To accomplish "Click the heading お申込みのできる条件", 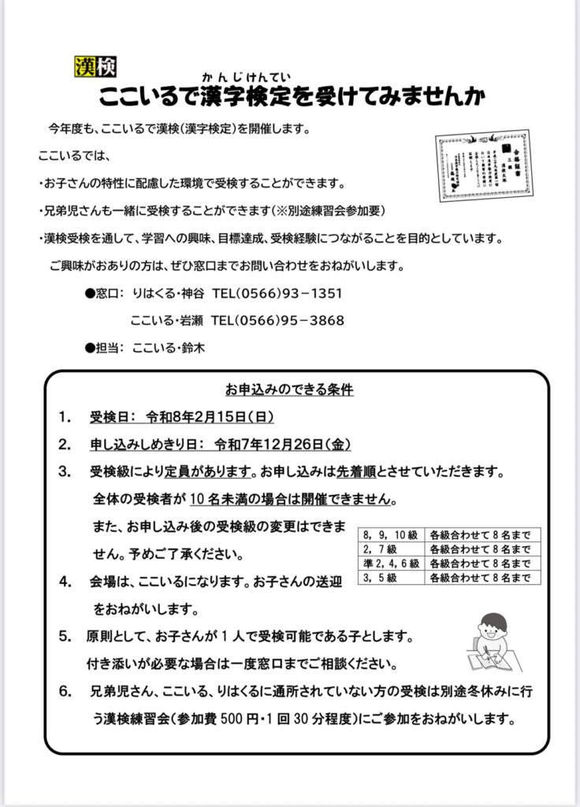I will [x=289, y=390].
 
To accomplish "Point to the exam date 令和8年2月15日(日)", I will [x=208, y=418].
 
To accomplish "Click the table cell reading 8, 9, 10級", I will [x=391, y=535].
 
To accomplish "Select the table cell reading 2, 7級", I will [x=391, y=549].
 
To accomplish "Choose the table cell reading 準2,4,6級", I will [x=391, y=563].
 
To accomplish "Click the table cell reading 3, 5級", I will [x=391, y=578].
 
